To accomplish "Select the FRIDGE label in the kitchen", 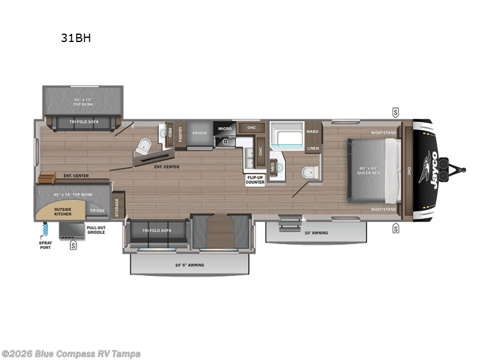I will (x=200, y=133).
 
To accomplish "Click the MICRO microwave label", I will (x=225, y=128).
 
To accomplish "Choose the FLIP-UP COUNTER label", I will (x=255, y=179).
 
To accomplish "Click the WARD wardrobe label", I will (x=313, y=131).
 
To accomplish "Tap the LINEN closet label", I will (x=313, y=148).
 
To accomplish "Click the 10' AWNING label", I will (x=316, y=232).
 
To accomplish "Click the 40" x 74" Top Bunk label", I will (x=73, y=194).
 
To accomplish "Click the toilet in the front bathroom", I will (x=308, y=172).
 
